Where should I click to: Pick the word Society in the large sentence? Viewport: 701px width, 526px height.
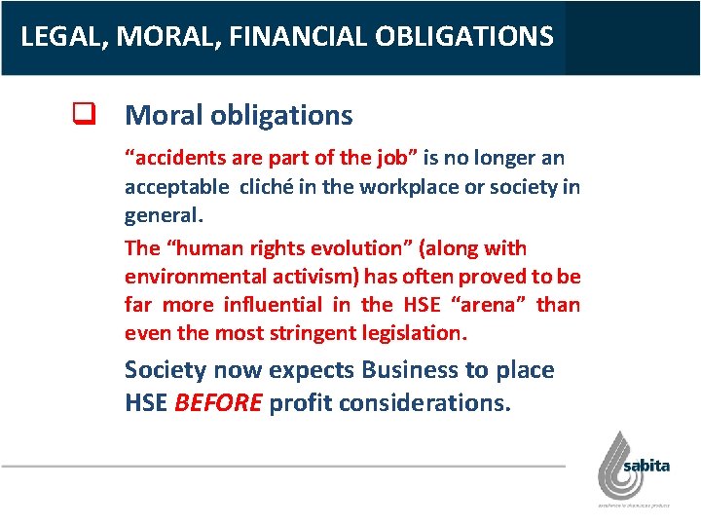point(166,370)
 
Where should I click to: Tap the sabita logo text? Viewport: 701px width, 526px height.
point(646,466)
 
